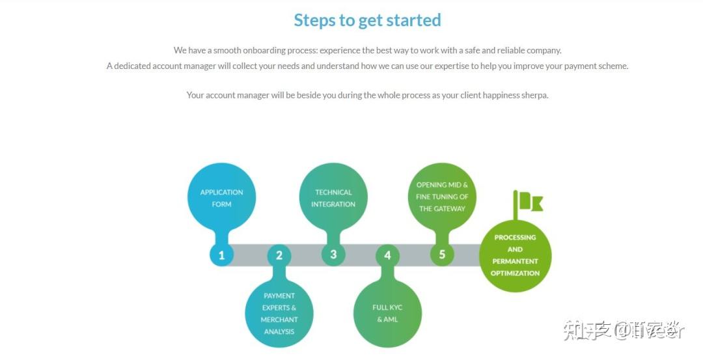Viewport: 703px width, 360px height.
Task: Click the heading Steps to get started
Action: (x=367, y=20)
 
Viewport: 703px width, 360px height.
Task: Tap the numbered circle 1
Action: (x=221, y=255)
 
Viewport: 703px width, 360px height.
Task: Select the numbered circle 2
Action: (x=279, y=255)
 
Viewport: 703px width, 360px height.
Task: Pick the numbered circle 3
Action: (x=333, y=255)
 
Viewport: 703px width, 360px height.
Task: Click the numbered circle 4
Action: (x=387, y=255)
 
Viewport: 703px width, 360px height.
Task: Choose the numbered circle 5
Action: (x=442, y=255)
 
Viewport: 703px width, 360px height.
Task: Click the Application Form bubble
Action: (x=221, y=198)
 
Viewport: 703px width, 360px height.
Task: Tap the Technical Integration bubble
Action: (x=333, y=198)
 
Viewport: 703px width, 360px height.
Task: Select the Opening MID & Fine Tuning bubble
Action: (x=442, y=197)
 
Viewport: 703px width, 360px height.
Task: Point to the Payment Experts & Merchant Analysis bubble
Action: (x=279, y=313)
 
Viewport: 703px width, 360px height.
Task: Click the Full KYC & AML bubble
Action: (x=387, y=313)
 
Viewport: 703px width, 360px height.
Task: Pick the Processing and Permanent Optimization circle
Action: (x=515, y=255)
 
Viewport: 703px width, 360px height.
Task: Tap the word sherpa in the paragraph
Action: (x=534, y=95)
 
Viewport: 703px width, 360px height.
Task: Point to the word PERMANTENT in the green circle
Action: (x=515, y=261)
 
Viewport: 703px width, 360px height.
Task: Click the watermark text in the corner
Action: (x=624, y=331)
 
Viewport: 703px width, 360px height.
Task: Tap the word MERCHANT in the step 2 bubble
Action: (x=279, y=320)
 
